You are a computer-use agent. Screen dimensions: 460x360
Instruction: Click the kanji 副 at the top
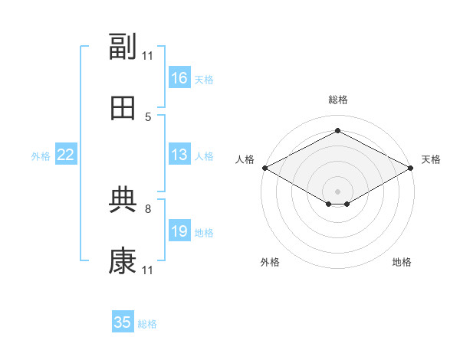coord(123,46)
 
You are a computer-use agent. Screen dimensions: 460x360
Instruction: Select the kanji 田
coord(123,108)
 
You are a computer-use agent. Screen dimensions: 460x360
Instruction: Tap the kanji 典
coord(123,200)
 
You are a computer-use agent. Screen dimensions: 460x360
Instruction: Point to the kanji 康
coord(123,261)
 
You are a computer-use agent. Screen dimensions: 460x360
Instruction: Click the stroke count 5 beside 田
coord(148,117)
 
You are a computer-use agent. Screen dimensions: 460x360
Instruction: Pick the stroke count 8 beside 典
coord(148,209)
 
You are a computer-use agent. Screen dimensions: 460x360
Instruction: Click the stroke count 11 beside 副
coord(147,56)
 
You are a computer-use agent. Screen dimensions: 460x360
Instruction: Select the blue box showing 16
coord(179,77)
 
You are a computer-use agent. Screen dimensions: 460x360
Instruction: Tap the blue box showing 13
coord(179,154)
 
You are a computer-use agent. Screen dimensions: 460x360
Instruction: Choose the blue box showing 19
coord(179,230)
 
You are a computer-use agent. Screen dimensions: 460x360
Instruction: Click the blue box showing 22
coord(66,154)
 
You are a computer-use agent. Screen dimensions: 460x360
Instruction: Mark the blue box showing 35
coord(123,321)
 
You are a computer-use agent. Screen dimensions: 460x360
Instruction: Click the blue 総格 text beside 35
coord(147,324)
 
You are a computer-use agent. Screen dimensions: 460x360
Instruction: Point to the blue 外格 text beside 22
coord(41,156)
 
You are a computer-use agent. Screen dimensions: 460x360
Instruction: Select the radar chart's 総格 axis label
coord(338,100)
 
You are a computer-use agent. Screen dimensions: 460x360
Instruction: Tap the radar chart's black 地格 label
coord(402,262)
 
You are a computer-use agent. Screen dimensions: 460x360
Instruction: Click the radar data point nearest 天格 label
coord(410,168)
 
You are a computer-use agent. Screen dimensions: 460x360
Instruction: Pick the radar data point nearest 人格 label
coord(265,168)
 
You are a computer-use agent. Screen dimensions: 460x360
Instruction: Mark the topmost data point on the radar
coord(337,130)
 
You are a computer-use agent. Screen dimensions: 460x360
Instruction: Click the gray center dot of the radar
coord(337,191)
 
